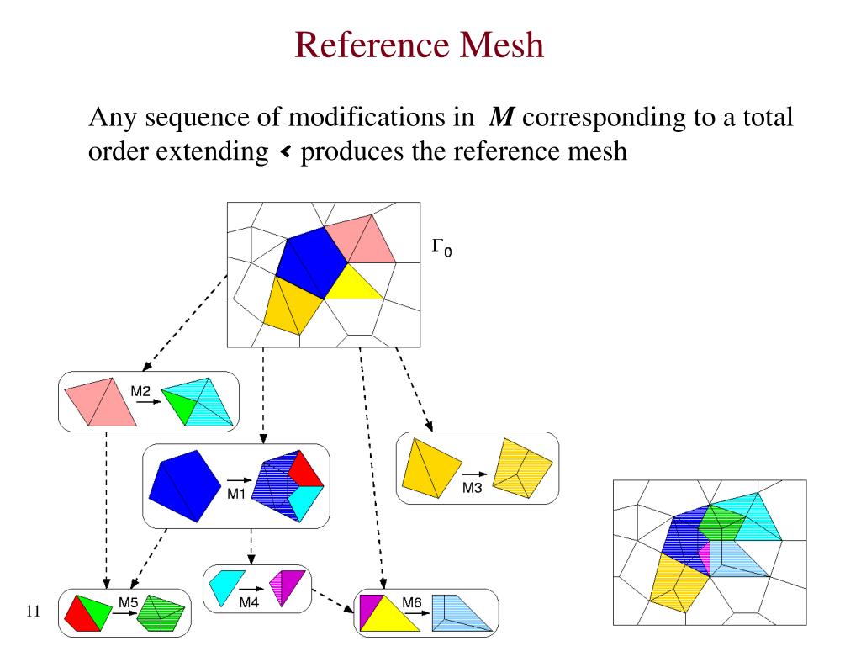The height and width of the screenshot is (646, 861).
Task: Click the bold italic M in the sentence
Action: [x=502, y=117]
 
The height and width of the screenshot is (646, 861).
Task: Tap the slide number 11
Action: [x=34, y=612]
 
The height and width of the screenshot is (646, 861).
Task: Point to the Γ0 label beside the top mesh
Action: [x=441, y=246]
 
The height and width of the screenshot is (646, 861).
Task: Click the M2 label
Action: [x=140, y=391]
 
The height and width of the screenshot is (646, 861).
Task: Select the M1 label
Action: [x=236, y=494]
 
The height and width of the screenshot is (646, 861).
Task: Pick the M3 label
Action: [x=472, y=489]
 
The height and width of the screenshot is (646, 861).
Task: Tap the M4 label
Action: [x=249, y=602]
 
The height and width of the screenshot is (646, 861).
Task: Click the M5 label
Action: [x=128, y=602]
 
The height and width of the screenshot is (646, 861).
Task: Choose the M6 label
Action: [x=412, y=602]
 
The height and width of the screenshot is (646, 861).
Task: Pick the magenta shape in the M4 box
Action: [x=287, y=585]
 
